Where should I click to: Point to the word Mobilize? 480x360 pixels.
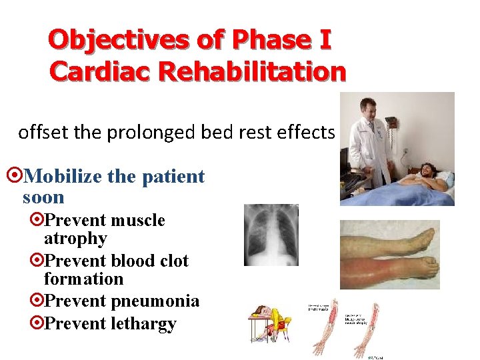click(x=64, y=177)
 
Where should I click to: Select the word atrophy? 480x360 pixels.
click(x=75, y=239)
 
